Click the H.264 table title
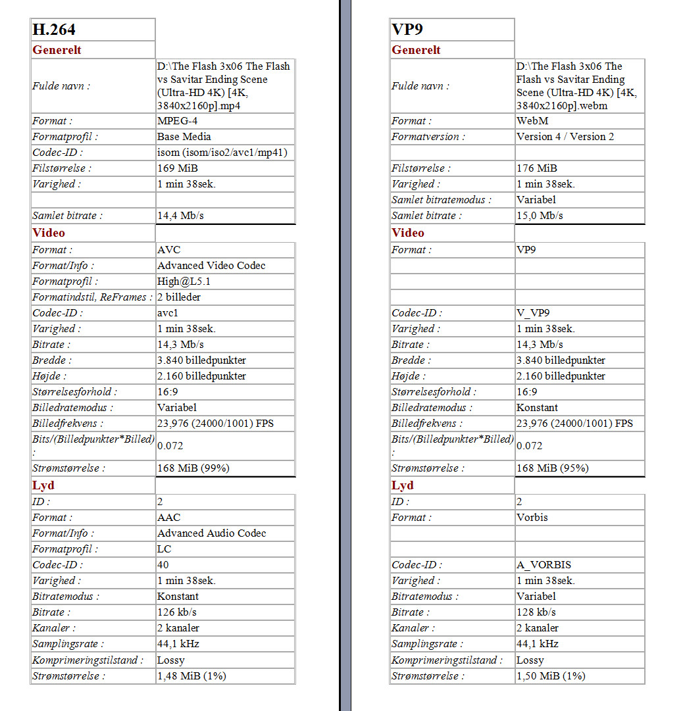tap(54, 30)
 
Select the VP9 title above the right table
tap(407, 30)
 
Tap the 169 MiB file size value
tap(178, 168)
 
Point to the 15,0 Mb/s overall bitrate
tap(540, 216)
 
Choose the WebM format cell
tap(532, 121)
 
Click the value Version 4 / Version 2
tap(565, 137)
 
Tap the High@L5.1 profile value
tap(184, 282)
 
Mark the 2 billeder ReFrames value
tap(179, 297)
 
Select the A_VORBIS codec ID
tap(544, 565)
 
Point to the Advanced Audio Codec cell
tap(211, 533)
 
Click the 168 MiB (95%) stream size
tap(552, 468)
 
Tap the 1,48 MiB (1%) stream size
tap(191, 676)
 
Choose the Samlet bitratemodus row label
tap(438, 200)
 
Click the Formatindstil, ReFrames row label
tap(91, 297)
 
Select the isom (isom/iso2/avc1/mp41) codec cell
tap(222, 153)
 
